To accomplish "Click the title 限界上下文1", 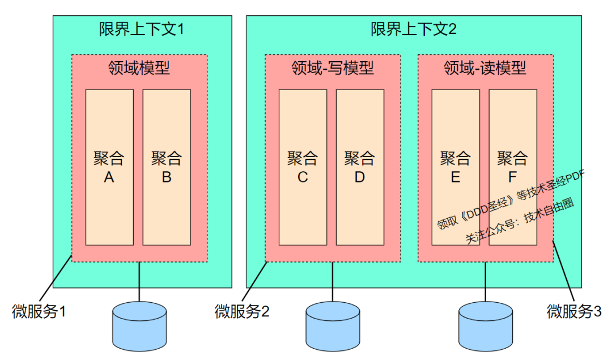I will pyautogui.click(x=142, y=29).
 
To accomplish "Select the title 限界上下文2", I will pyautogui.click(x=414, y=29).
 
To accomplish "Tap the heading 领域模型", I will pyautogui.click(x=139, y=69).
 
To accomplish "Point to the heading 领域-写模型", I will pyautogui.click(x=333, y=69).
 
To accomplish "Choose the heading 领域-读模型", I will pyautogui.click(x=485, y=69).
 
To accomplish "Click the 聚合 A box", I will pyautogui.click(x=109, y=167).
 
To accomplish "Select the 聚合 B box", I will pyautogui.click(x=167, y=167).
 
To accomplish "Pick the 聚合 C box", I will pyautogui.click(x=303, y=167).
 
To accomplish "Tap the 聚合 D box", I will pyautogui.click(x=360, y=167).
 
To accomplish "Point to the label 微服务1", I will pyautogui.click(x=39, y=311).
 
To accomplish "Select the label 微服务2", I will pyautogui.click(x=242, y=311).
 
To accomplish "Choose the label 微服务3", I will pyautogui.click(x=574, y=311).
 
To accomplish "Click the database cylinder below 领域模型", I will pyautogui.click(x=139, y=325).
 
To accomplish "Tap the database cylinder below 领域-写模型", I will pyautogui.click(x=333, y=325).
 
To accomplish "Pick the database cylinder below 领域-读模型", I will pyautogui.click(x=485, y=325).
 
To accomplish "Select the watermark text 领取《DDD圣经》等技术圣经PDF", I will pyautogui.click(x=511, y=198).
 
